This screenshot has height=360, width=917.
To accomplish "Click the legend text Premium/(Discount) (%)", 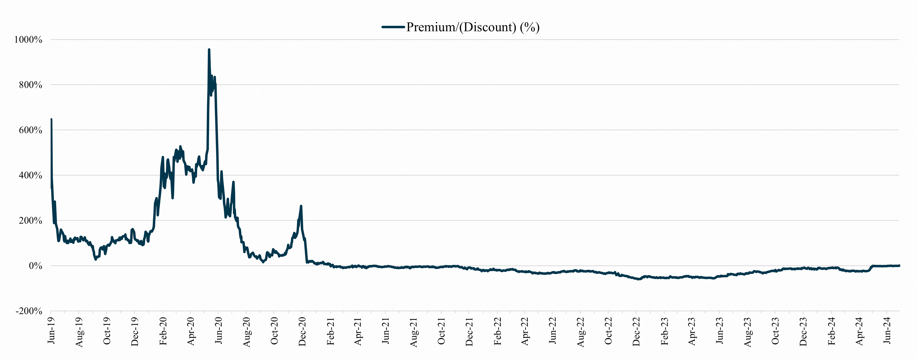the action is pos(473,27).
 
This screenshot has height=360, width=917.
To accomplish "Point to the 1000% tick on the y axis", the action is pos(28,39).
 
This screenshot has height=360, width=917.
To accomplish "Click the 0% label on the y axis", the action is pos(35,266).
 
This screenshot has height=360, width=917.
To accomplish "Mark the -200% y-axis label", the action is pos(29,311).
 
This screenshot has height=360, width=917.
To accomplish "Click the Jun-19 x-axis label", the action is pos(51,331).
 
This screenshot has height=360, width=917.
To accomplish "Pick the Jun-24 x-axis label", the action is pos(887,331).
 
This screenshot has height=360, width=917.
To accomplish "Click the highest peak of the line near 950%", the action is pos(209,49).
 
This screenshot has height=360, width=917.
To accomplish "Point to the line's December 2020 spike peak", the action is pos(301,206).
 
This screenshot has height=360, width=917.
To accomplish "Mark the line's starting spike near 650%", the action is pos(51,119).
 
